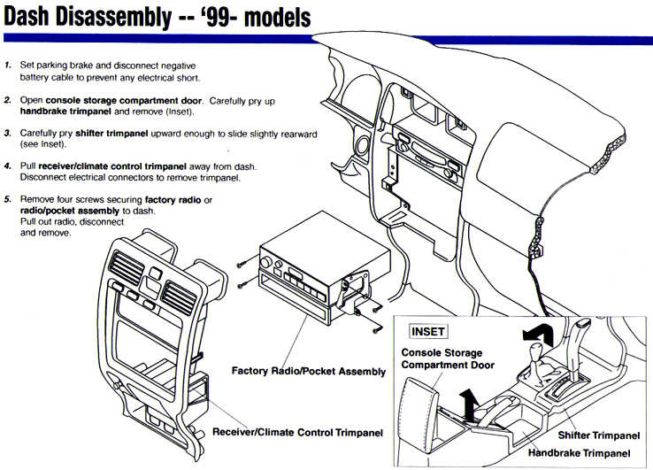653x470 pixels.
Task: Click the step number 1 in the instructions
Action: pyautogui.click(x=7, y=66)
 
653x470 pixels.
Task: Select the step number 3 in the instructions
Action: pyautogui.click(x=7, y=133)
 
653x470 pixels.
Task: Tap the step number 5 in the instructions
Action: pyautogui.click(x=7, y=199)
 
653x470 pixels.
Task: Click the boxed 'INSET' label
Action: pyautogui.click(x=428, y=332)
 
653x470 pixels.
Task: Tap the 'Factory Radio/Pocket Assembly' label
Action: pyautogui.click(x=309, y=371)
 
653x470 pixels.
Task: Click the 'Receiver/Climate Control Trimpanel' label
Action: pyautogui.click(x=298, y=433)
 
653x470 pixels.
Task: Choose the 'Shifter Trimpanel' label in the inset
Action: pyautogui.click(x=599, y=436)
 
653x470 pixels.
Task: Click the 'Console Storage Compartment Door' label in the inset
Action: pyautogui.click(x=448, y=358)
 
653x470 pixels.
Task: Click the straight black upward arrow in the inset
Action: pyautogui.click(x=471, y=405)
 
